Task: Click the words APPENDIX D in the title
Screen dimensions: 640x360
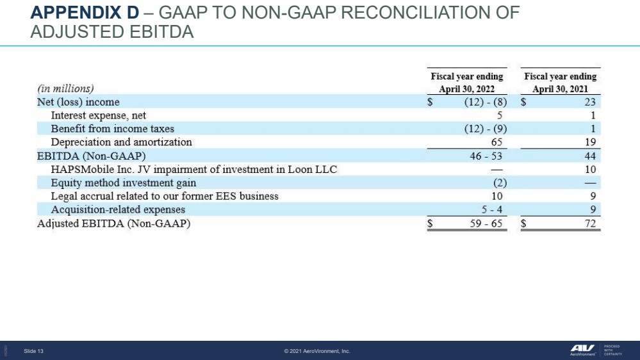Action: [85, 13]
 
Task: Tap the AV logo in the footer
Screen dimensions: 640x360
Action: [582, 350]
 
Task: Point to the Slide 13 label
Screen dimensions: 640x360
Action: [33, 351]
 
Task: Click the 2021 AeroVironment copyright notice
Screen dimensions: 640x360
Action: [317, 351]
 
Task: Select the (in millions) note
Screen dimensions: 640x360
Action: [65, 88]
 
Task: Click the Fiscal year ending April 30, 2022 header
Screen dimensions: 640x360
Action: [467, 83]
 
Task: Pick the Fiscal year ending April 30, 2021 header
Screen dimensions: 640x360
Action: [561, 83]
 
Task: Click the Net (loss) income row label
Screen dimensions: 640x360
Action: [78, 102]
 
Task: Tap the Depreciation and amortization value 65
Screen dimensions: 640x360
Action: [496, 142]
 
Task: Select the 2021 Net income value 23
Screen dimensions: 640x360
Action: [590, 102]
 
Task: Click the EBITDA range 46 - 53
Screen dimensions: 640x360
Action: [486, 156]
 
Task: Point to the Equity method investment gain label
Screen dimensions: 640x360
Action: [123, 183]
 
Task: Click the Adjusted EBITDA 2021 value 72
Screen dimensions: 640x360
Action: [590, 224]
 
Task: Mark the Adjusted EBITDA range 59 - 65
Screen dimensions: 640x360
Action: [486, 224]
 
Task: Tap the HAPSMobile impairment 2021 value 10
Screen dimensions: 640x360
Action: [590, 169]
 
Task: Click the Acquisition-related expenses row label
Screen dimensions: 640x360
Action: [118, 209]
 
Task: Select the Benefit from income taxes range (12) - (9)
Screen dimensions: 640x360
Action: [486, 129]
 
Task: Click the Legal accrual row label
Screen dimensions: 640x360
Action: [165, 196]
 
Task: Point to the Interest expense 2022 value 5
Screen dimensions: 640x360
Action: [500, 115]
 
